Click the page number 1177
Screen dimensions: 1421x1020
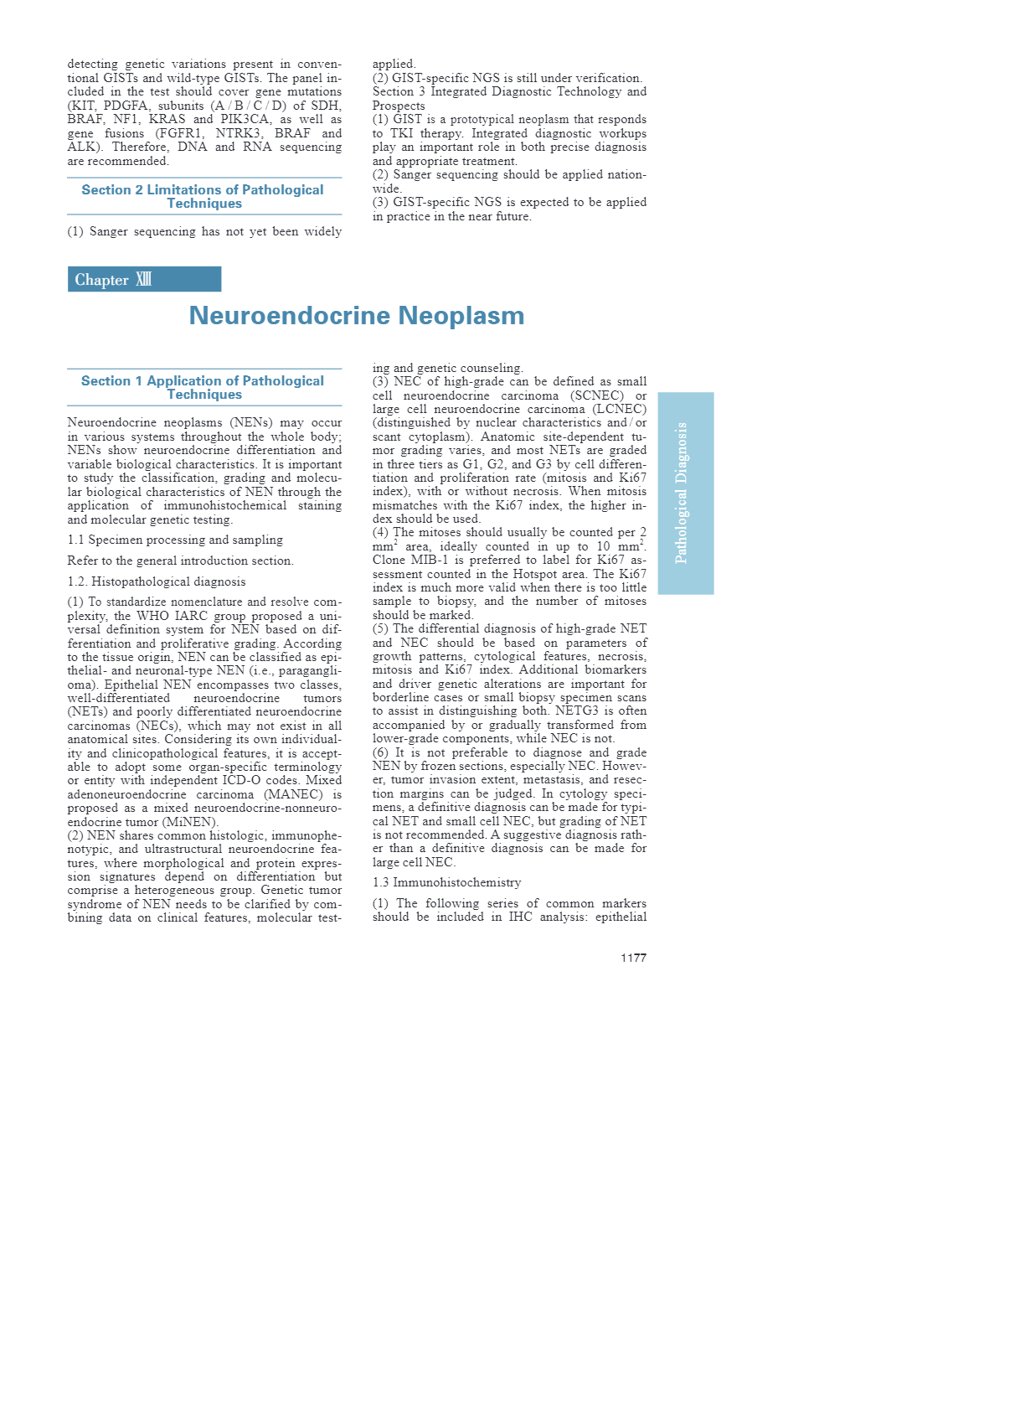[633, 958]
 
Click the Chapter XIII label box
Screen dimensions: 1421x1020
[144, 279]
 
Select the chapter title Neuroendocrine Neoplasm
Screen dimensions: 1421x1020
[357, 316]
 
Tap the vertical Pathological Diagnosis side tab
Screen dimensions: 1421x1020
[685, 493]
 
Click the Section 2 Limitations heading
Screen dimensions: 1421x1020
[203, 196]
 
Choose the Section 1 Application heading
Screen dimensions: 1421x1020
[203, 387]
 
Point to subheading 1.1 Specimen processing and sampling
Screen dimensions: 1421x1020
[175, 540]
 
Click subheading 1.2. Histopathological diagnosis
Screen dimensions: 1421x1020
[157, 581]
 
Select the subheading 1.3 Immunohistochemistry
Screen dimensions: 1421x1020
[446, 882]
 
